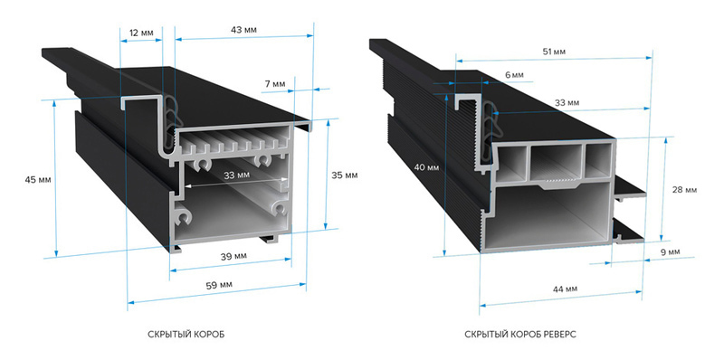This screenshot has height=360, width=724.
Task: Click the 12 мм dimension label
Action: click(x=140, y=33)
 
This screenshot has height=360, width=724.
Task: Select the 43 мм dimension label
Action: click(x=243, y=30)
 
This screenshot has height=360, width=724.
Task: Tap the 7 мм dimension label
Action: click(x=275, y=84)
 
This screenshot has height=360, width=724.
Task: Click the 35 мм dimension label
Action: click(x=344, y=175)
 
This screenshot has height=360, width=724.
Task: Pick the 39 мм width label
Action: click(x=233, y=256)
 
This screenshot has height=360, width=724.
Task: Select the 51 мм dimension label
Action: click(x=554, y=52)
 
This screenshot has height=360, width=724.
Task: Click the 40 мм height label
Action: click(x=426, y=167)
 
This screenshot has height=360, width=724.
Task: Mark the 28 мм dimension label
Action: click(x=684, y=190)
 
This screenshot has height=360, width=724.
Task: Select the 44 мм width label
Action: click(x=565, y=289)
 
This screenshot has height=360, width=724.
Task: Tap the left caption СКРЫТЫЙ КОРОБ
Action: click(x=186, y=334)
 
